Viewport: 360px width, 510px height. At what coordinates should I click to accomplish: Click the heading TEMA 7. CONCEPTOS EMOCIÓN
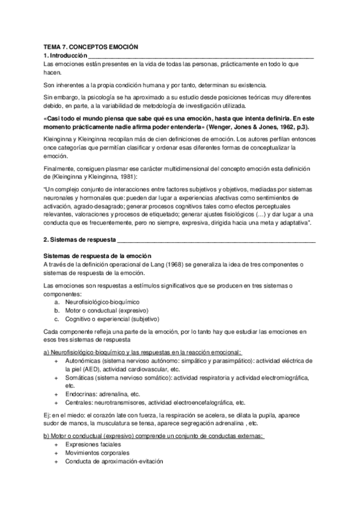pyautogui.click(x=91, y=46)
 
